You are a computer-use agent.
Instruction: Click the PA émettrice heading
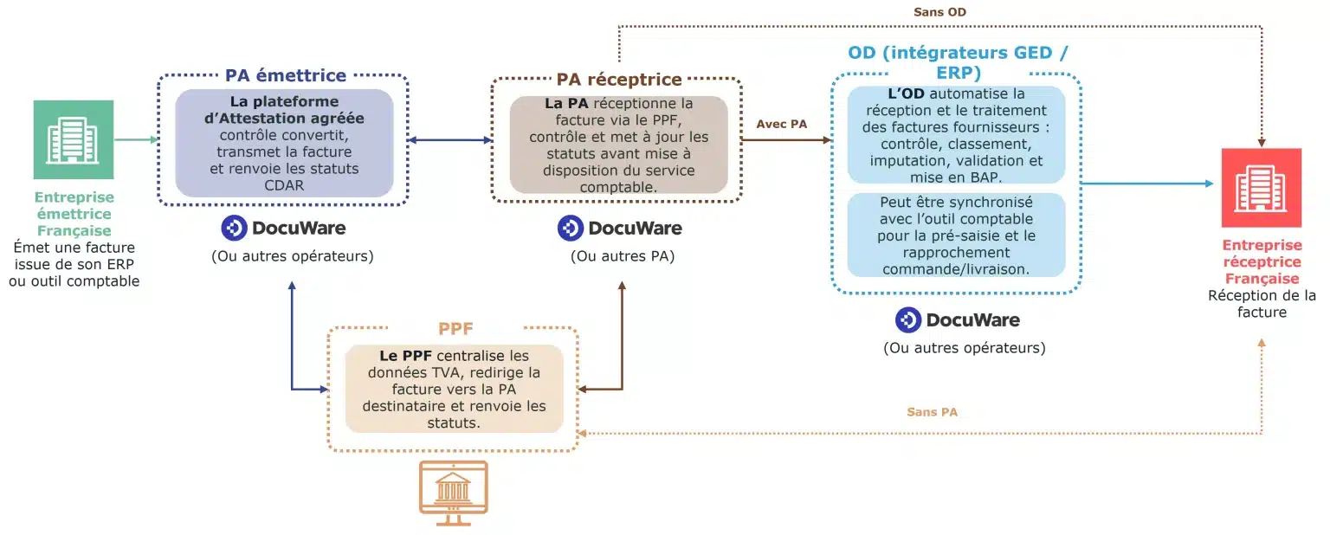pos(286,75)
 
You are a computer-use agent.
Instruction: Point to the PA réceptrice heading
pos(619,80)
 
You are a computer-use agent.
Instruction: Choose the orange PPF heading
pos(455,330)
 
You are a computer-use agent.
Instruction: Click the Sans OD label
pos(939,12)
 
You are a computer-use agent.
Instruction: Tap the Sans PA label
pos(932,412)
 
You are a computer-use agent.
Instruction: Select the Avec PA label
pos(781,124)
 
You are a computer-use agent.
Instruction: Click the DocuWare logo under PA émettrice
pos(283,228)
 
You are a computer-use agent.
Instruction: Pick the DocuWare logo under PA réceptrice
pos(619,229)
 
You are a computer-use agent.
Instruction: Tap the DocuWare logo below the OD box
pos(957,319)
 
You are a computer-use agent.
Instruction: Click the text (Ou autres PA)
pos(622,256)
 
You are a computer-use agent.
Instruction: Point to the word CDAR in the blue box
pos(284,184)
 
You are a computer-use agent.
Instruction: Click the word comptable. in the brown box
pos(619,186)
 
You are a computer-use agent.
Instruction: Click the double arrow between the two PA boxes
pos(450,139)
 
